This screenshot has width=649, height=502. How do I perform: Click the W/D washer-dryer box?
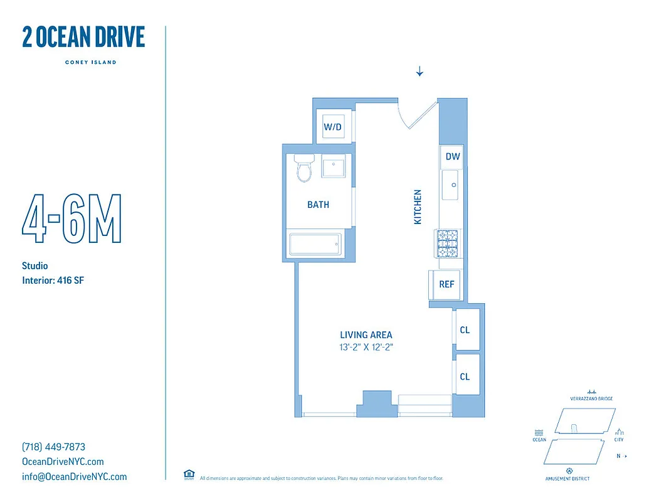tap(332, 127)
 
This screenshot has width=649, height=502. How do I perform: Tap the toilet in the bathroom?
tap(305, 168)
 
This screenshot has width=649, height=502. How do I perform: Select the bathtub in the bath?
tap(315, 244)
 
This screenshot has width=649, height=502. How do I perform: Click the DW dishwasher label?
tap(452, 157)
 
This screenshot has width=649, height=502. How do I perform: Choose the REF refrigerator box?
tap(446, 284)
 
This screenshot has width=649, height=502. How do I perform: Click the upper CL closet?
tap(465, 329)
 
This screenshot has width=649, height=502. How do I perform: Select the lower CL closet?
tap(465, 376)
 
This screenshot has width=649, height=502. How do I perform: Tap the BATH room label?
tap(318, 205)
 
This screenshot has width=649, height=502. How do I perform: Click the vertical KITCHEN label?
tap(418, 206)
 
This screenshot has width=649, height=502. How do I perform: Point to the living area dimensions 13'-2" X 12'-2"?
tap(366, 346)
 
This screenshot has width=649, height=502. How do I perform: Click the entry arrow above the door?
tap(419, 72)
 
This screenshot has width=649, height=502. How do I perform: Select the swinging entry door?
tap(418, 113)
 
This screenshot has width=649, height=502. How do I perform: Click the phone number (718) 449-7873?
tap(53, 447)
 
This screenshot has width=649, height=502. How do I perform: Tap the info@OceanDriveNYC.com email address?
tap(74, 477)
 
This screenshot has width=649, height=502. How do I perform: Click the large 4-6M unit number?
tap(71, 220)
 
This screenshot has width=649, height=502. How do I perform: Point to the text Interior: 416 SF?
tap(53, 280)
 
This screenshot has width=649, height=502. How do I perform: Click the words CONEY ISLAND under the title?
tap(90, 62)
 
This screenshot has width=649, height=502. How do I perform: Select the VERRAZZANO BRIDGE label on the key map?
tap(591, 398)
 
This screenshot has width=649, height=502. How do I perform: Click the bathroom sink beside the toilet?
tap(333, 168)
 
